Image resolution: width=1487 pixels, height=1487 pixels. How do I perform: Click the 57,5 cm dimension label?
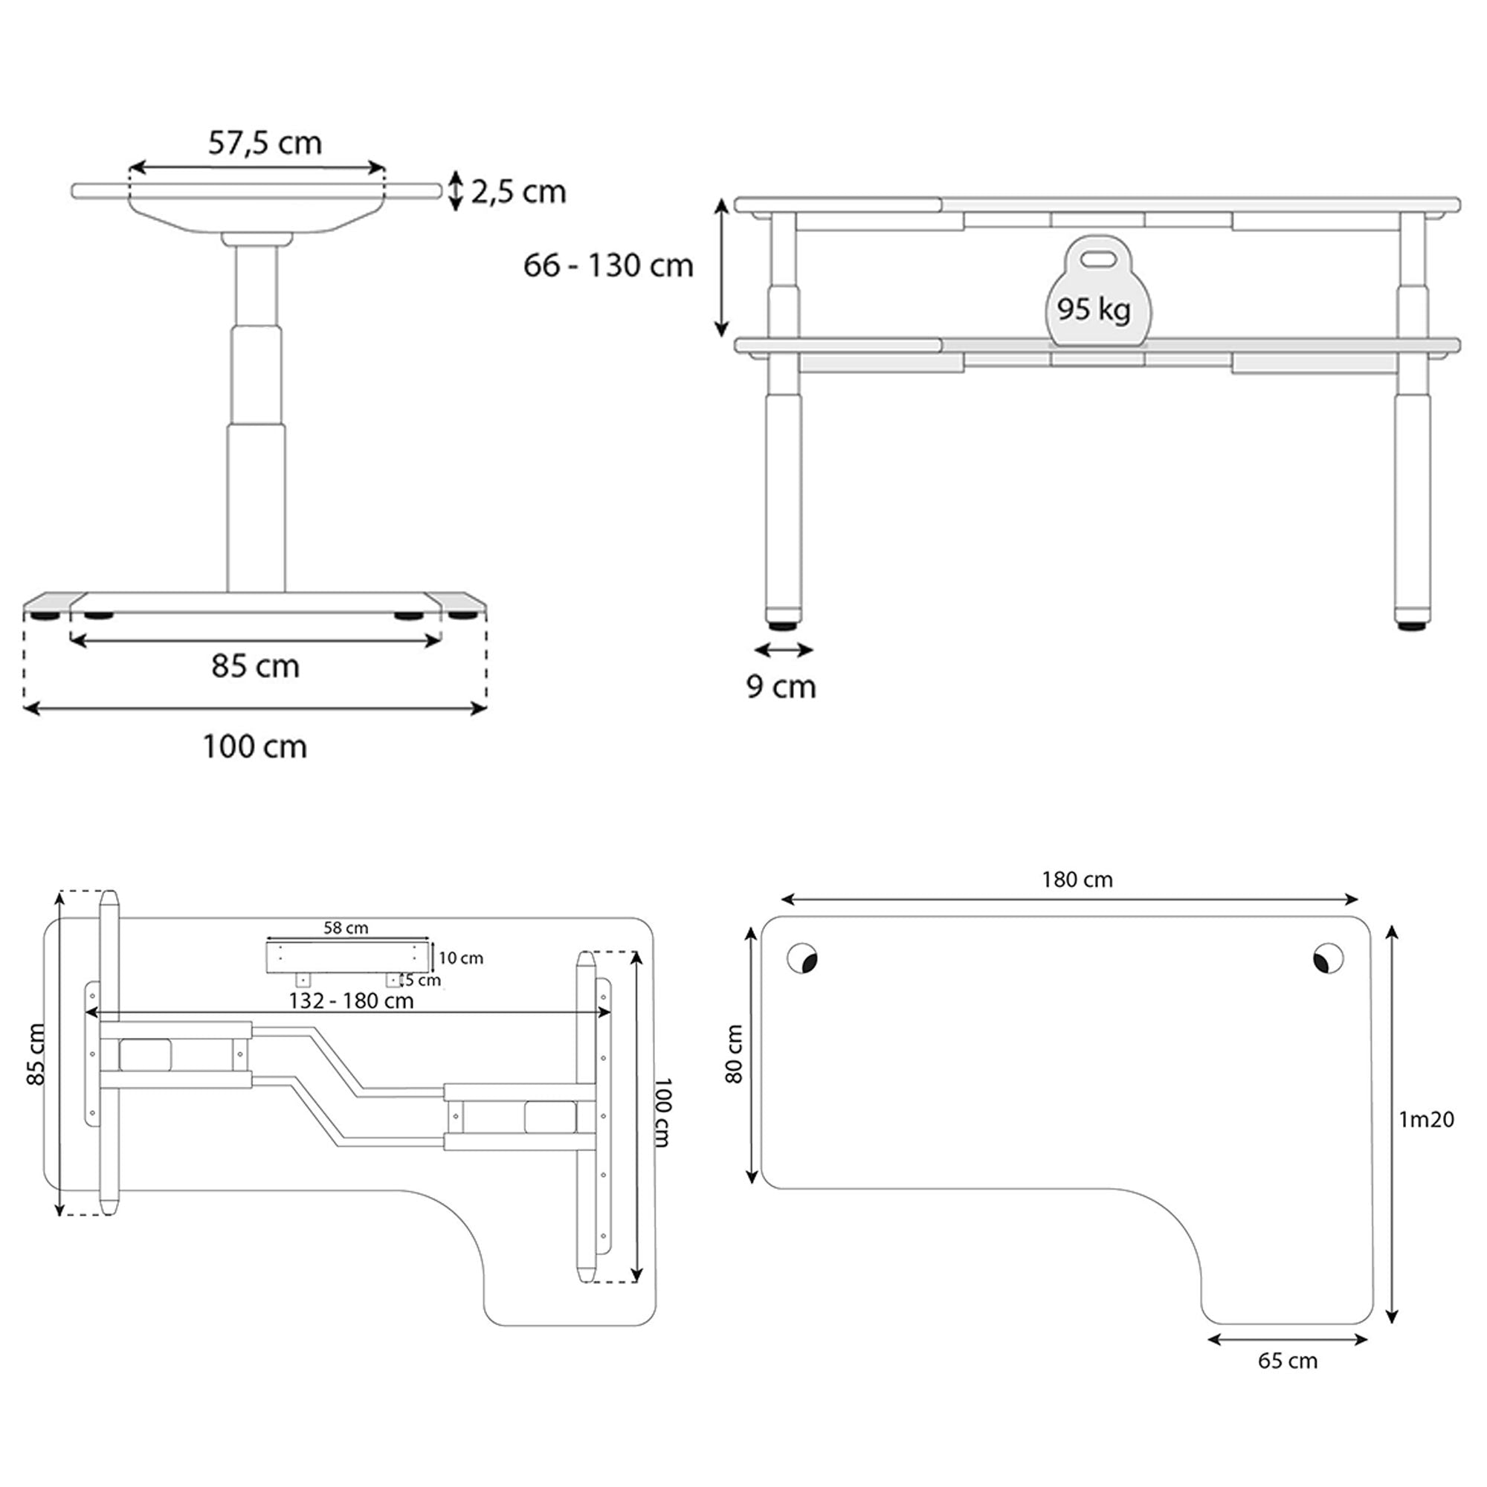click(265, 143)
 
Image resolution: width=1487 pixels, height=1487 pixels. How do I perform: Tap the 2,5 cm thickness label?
click(519, 192)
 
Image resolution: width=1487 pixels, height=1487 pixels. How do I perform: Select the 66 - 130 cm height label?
click(608, 265)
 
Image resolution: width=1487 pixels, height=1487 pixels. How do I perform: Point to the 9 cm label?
click(781, 686)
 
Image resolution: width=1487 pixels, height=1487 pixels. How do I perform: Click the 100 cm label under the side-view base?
click(255, 746)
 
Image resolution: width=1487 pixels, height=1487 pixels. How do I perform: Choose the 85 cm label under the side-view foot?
click(256, 665)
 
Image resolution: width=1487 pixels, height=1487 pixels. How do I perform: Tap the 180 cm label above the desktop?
click(1077, 880)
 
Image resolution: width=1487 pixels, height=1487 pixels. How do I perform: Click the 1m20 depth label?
click(1426, 1119)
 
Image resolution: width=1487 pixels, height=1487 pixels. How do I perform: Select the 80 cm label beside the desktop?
click(735, 1054)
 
